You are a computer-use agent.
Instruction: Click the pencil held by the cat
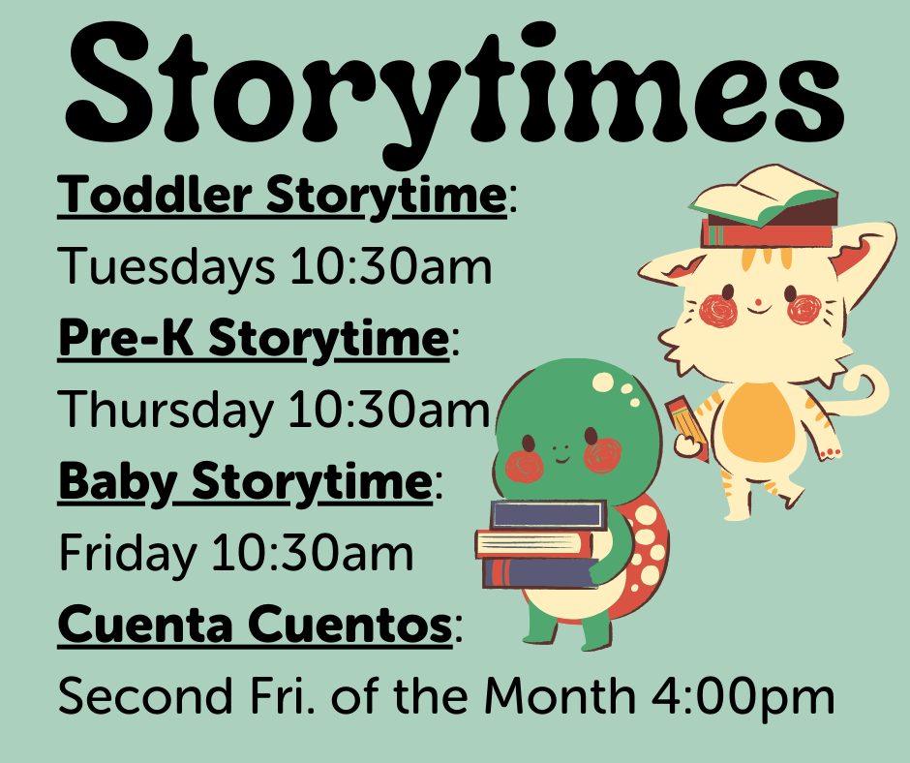click(x=687, y=426)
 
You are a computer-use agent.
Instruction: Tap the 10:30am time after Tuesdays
click(x=391, y=268)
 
